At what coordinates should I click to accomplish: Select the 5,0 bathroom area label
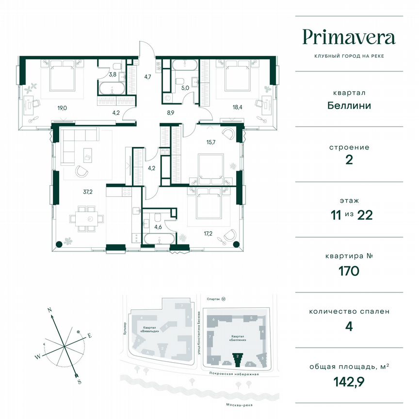pyautogui.click(x=185, y=88)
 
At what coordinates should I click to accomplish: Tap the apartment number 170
pyautogui.click(x=349, y=271)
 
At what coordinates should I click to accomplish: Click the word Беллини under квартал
pyautogui.click(x=349, y=105)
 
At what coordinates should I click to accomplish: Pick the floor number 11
pyautogui.click(x=332, y=215)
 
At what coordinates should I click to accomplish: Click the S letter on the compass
pyautogui.click(x=79, y=382)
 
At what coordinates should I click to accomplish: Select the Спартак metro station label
pyautogui.click(x=210, y=300)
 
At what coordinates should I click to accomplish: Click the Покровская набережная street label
pyautogui.click(x=232, y=374)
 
